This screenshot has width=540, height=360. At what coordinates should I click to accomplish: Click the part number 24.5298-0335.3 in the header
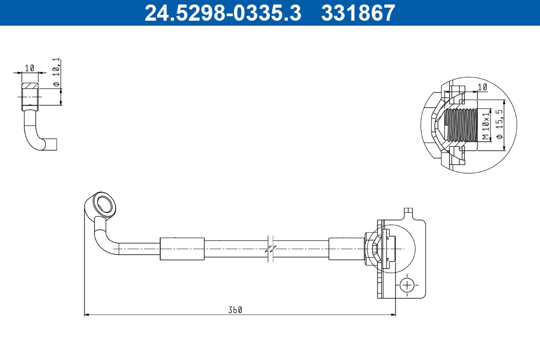pos(222,13)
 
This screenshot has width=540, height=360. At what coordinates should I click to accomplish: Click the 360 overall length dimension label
pos(235,310)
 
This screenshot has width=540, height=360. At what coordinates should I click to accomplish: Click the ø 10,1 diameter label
pos(56,72)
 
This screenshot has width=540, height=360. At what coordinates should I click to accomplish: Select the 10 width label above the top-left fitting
pos(30,68)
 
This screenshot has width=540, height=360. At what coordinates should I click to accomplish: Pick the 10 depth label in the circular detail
pos(482,87)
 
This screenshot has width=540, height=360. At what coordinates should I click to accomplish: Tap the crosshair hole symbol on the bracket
pos(407,285)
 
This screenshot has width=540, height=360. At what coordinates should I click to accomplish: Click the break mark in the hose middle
pos(270,248)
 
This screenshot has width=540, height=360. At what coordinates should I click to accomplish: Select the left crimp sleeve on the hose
pos(182,248)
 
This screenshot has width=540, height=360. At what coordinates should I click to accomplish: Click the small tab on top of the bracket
pos(408,211)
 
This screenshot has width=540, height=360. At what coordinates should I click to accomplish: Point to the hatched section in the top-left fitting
pos(30,86)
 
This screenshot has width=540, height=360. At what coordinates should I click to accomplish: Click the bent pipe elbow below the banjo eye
pos(101,238)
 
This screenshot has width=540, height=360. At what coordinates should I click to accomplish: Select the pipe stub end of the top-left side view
pos(52,144)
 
